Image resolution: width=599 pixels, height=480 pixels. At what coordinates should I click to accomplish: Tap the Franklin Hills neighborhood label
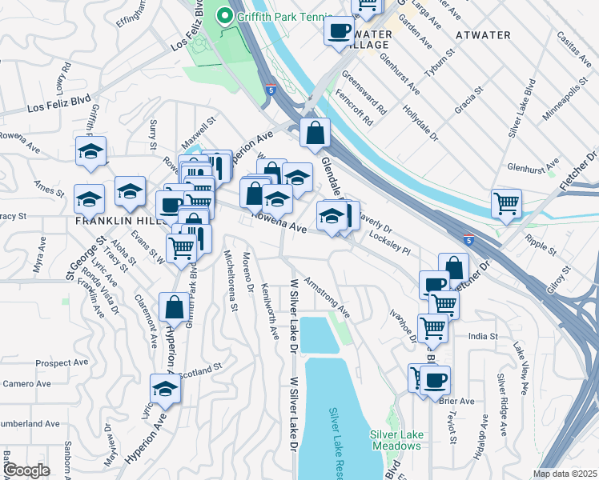(x=112, y=219)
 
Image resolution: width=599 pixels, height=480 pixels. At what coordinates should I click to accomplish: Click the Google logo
(x=26, y=470)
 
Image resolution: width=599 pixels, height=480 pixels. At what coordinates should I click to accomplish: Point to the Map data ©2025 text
(x=565, y=474)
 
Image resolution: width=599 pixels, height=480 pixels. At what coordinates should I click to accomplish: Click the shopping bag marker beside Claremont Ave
(x=174, y=307)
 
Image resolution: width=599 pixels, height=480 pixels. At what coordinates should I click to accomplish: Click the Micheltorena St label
(x=230, y=280)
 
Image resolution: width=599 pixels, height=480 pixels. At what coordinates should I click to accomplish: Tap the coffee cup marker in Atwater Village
(x=338, y=32)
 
